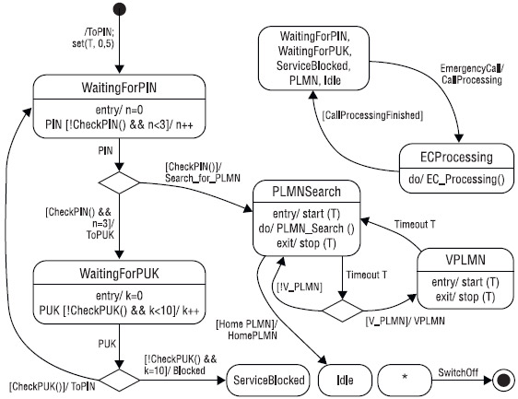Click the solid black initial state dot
point(119,9)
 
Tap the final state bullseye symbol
point(503,381)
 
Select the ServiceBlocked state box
point(268,381)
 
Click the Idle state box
point(345,381)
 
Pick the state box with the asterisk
point(405,381)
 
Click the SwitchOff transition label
point(458,372)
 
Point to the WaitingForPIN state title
point(119,88)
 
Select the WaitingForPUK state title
point(119,274)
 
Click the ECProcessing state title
point(456,157)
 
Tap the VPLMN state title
point(465,260)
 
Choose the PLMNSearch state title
point(306,192)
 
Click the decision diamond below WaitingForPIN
point(119,182)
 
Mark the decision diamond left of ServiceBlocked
point(119,381)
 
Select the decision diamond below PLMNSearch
point(343,311)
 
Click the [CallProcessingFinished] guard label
point(372,115)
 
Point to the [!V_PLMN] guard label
point(300,287)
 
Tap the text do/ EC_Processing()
point(456,179)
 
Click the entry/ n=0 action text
point(119,110)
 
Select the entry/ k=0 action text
point(119,296)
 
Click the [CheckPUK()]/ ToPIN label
point(53,386)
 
